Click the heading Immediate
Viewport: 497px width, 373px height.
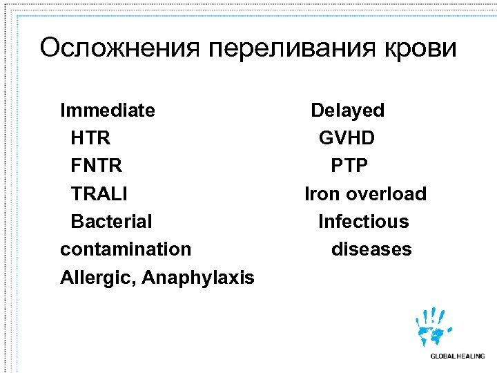pyautogui.click(x=108, y=111)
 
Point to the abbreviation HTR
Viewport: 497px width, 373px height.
pyautogui.click(x=90, y=138)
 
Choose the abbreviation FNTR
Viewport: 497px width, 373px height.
pyautogui.click(x=97, y=166)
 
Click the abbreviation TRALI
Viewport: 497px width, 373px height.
pyautogui.click(x=99, y=194)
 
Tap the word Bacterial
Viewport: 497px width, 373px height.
pyautogui.click(x=111, y=222)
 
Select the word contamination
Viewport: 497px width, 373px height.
pyautogui.click(x=126, y=249)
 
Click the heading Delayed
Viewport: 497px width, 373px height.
pyautogui.click(x=347, y=111)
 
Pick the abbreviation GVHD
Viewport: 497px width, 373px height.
pyautogui.click(x=347, y=138)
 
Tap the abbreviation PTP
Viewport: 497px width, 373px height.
pyautogui.click(x=349, y=166)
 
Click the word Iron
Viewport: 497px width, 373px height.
pyautogui.click(x=322, y=194)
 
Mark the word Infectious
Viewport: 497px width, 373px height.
pyautogui.click(x=363, y=222)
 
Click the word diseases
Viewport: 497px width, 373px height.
pyautogui.click(x=371, y=249)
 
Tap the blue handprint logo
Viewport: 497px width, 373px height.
pyautogui.click(x=434, y=327)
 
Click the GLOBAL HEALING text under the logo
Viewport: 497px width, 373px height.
pyautogui.click(x=457, y=356)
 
